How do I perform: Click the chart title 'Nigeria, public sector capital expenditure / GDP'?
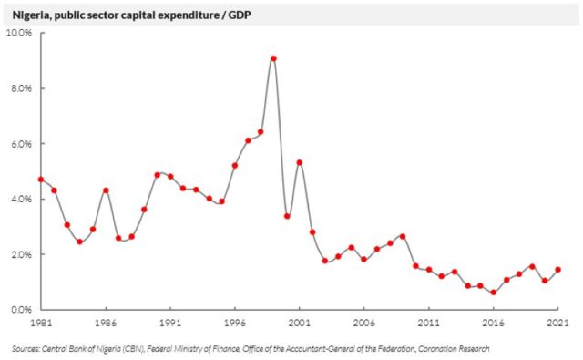coord(131,15)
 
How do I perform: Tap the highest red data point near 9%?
coord(273,58)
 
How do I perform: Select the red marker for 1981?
coord(41,180)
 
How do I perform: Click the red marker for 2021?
coord(557,270)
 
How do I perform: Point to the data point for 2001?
coord(300,162)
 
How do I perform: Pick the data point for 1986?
coord(106,190)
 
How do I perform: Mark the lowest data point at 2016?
coord(494,293)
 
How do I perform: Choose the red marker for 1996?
coord(235,166)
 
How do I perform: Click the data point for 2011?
coord(429,270)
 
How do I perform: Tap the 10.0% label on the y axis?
coord(19,33)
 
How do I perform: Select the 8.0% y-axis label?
coord(21,88)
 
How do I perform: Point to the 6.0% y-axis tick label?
coord(21,144)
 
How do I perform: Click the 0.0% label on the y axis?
coord(21,310)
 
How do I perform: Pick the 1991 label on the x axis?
coord(170,323)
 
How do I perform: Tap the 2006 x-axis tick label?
coord(364,323)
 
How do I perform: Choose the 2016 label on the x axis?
coord(494,323)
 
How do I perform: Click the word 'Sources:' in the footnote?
coord(26,349)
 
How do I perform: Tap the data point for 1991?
coord(170,177)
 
